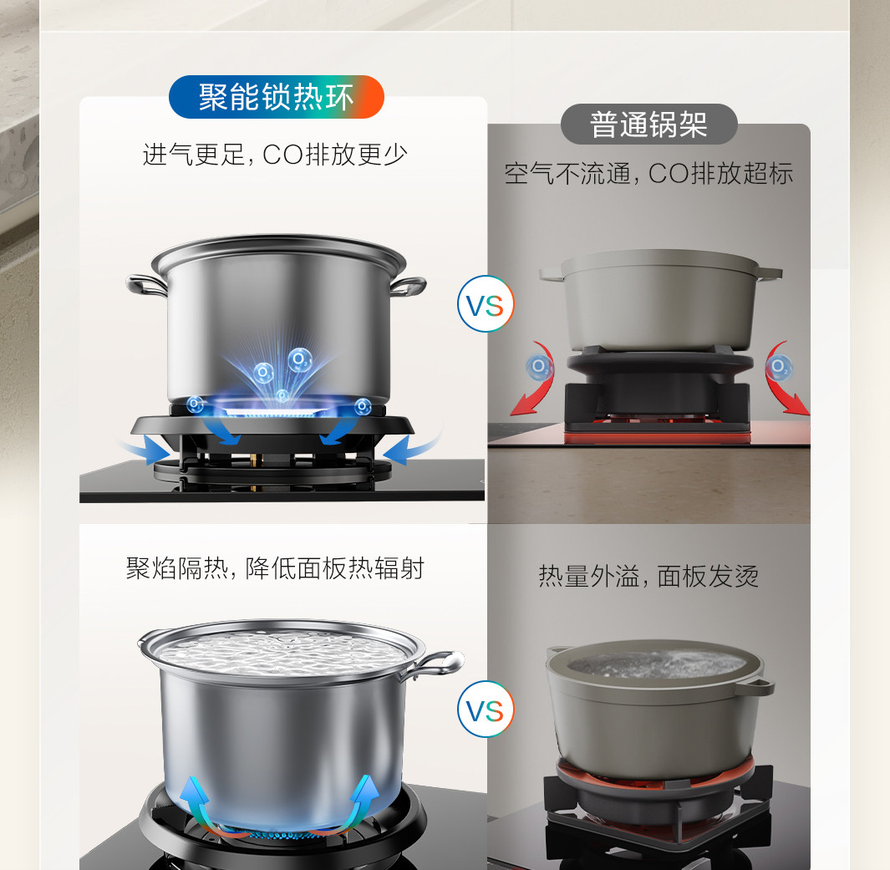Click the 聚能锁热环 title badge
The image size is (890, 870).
click(x=277, y=97)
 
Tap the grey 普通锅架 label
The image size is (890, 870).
click(x=648, y=125)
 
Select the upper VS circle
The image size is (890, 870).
click(x=486, y=303)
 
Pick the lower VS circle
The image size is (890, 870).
click(x=486, y=710)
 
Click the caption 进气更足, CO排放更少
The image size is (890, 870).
click(x=275, y=155)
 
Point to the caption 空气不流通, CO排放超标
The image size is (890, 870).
click(x=648, y=173)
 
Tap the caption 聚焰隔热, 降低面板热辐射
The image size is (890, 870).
click(x=275, y=568)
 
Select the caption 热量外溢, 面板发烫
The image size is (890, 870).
click(x=648, y=576)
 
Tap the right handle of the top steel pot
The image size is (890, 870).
click(x=408, y=286)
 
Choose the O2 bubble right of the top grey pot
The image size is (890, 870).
click(x=780, y=367)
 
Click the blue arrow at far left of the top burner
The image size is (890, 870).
click(x=145, y=448)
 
